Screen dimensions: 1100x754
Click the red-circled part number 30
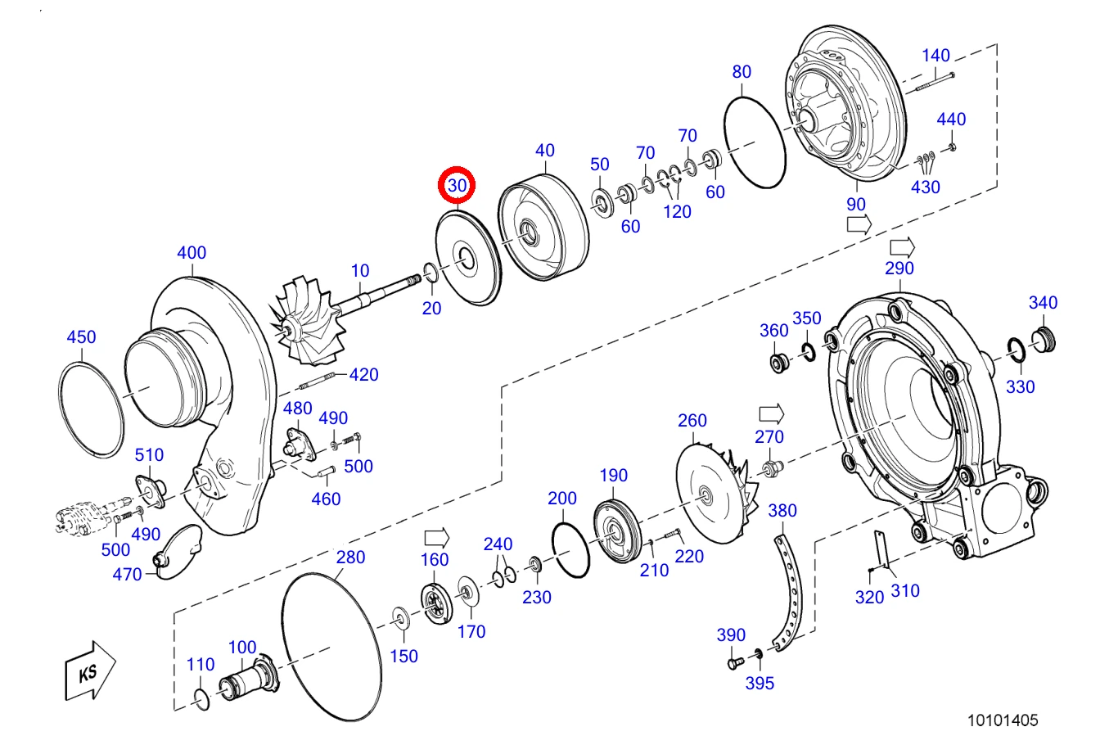point(457,185)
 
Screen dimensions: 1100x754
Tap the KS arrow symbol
point(90,671)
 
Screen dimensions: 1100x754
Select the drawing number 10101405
point(1003,720)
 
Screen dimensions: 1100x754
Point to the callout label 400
point(192,252)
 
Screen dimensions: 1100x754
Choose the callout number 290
point(899,269)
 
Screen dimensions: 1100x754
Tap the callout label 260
point(692,421)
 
